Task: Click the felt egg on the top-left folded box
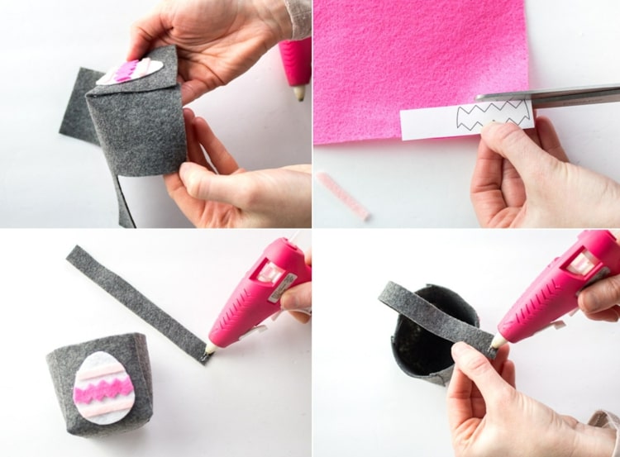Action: point(129,72)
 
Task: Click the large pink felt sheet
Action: point(413,58)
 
